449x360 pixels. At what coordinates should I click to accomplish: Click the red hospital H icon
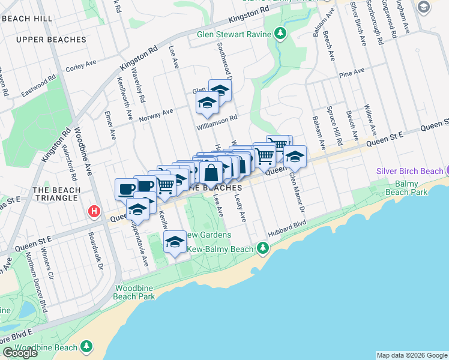pos(94,211)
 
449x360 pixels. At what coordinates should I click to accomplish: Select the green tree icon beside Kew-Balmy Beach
pos(262,248)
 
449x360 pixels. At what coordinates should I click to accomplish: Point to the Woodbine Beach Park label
pos(135,292)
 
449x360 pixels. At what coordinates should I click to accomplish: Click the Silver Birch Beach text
pos(409,171)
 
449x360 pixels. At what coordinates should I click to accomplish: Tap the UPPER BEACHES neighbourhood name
pos(52,40)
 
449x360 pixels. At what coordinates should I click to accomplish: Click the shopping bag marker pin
pos(212,173)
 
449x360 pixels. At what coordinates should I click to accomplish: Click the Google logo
pos(20,353)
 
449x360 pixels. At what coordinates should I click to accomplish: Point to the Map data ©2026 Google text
pos(412,355)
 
